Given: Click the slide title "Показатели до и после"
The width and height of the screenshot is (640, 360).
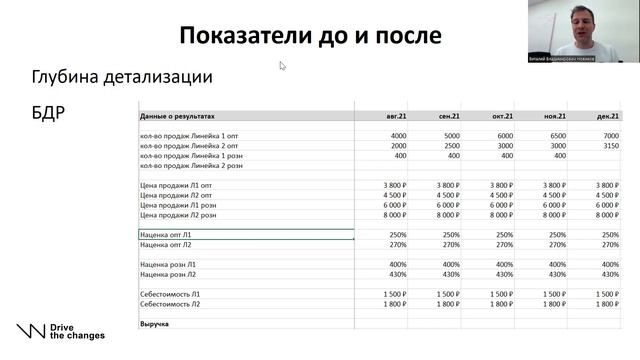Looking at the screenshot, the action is click(x=310, y=37).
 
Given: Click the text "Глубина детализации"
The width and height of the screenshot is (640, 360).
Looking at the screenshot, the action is click(x=122, y=76).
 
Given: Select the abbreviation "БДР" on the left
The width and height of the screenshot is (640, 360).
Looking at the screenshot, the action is click(x=48, y=111).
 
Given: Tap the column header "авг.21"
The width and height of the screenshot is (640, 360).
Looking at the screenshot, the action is click(x=396, y=116).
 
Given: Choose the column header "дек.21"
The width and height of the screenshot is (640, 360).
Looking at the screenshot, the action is click(x=607, y=116).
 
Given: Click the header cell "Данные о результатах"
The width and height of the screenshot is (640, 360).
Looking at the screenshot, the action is click(x=178, y=116).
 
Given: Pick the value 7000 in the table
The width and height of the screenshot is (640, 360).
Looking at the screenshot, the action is click(x=608, y=135).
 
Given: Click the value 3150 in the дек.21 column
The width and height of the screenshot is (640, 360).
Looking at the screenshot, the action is click(x=608, y=145).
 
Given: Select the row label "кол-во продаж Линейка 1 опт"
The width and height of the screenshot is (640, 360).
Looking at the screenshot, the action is click(x=191, y=135).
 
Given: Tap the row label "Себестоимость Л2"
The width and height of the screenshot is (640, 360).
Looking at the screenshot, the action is click(x=171, y=303).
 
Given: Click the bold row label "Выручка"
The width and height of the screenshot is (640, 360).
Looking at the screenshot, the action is click(x=154, y=324).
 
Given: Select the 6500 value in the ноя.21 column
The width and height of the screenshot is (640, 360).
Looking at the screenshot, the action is click(x=556, y=135).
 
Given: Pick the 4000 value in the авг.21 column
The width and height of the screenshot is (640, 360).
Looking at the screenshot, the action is click(x=398, y=135).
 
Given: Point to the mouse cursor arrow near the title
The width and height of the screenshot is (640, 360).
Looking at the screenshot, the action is click(x=283, y=66).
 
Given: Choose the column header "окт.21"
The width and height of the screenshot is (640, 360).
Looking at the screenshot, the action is click(x=503, y=116).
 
